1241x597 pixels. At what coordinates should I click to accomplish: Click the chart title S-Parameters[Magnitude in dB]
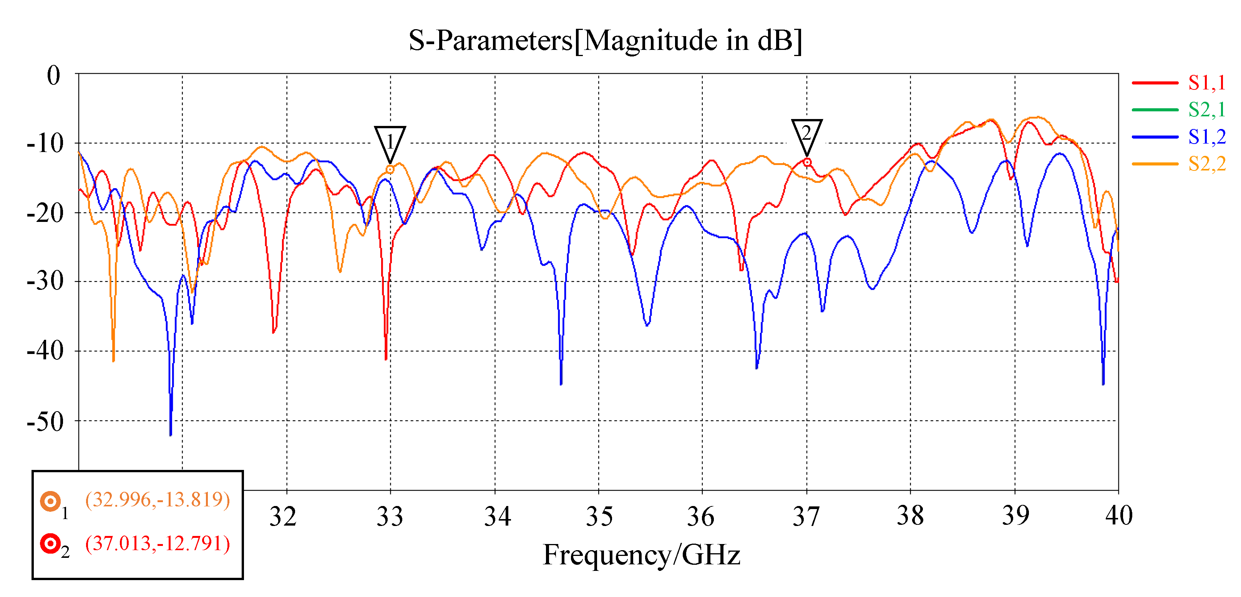pos(605,40)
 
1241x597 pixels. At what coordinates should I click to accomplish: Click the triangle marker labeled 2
pos(806,134)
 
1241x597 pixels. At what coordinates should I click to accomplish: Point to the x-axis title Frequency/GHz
pos(641,555)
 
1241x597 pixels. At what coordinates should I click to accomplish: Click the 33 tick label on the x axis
pos(389,517)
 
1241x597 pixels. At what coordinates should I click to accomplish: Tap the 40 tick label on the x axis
pos(1118,516)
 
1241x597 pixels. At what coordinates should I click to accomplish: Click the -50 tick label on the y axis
pos(45,422)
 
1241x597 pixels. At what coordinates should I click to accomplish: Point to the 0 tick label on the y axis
pos(53,76)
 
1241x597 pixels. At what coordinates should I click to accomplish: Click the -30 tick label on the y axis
pos(45,281)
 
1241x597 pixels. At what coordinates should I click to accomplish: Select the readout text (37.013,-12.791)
pos(158,544)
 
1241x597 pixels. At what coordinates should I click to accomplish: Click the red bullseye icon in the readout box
pos(50,544)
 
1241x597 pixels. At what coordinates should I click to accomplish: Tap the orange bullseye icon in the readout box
pos(50,501)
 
